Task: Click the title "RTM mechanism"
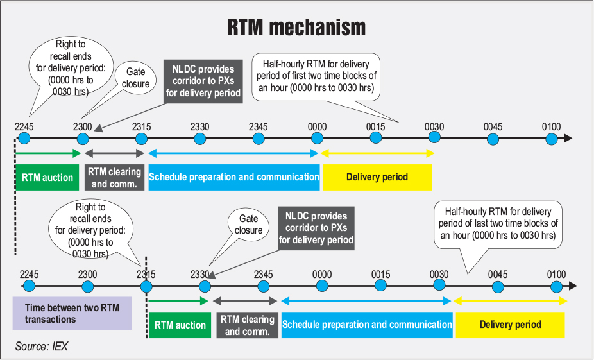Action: coord(296,28)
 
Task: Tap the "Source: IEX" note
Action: coord(42,347)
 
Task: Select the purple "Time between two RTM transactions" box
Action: coord(72,313)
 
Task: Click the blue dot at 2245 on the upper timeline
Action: coord(24,138)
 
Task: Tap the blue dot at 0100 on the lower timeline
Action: coord(556,286)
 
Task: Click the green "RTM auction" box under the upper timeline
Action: coord(47,177)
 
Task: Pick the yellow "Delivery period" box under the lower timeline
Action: coord(510,325)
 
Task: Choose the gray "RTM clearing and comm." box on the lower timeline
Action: coord(247,325)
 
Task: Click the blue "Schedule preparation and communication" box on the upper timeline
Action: coord(234,177)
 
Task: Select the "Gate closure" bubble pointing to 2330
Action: coord(248,225)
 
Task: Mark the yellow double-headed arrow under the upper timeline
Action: coord(378,153)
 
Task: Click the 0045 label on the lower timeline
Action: coord(497,274)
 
